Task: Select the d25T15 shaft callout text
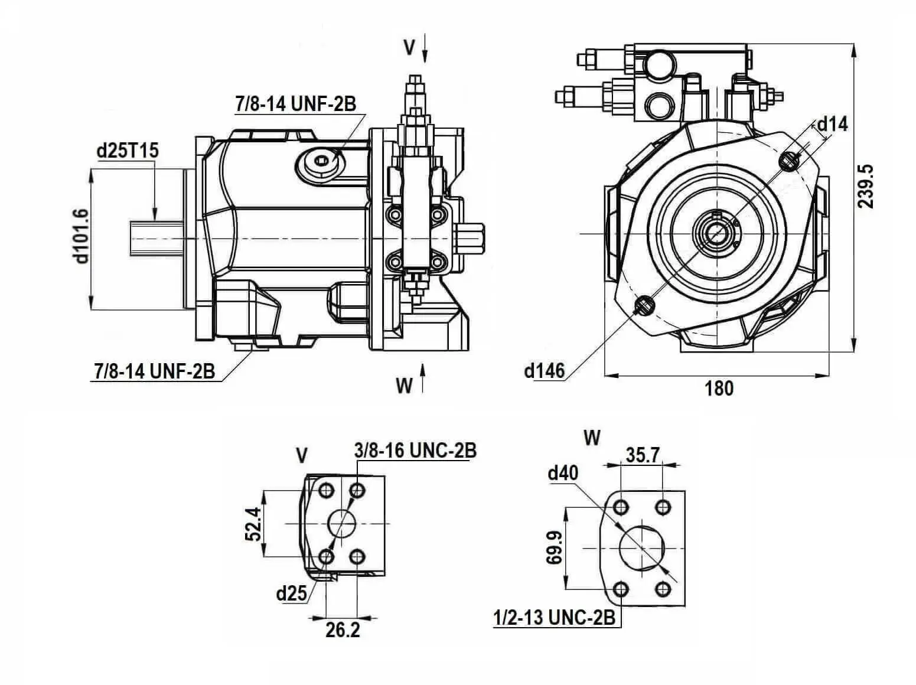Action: pos(128,151)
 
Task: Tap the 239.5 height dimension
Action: pos(866,186)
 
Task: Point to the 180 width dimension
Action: pos(719,388)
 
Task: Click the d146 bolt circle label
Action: pos(544,371)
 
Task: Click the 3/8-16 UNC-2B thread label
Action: pos(415,450)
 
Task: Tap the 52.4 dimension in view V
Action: pos(252,523)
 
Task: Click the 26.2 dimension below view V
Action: pos(343,630)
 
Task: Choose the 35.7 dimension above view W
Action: pos(642,455)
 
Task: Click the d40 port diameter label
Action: pos(563,472)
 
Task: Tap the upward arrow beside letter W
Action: pos(423,378)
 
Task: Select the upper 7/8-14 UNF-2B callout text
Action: pos(295,104)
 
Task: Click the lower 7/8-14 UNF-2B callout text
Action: pos(154,371)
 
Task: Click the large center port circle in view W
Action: pos(642,549)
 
